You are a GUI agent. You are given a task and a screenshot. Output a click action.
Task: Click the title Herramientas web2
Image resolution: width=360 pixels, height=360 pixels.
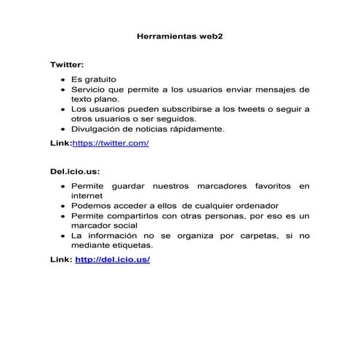180,35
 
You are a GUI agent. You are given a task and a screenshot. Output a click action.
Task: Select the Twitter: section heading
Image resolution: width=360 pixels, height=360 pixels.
67,65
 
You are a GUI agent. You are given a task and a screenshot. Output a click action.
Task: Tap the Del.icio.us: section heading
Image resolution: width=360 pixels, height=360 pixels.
75,172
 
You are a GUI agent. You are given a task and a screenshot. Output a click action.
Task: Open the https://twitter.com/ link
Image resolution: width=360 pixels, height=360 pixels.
111,143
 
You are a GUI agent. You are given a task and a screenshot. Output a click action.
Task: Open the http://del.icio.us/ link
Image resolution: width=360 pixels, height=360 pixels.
112,259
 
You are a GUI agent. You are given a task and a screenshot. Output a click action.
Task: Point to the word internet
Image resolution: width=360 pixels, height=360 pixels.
87,196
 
